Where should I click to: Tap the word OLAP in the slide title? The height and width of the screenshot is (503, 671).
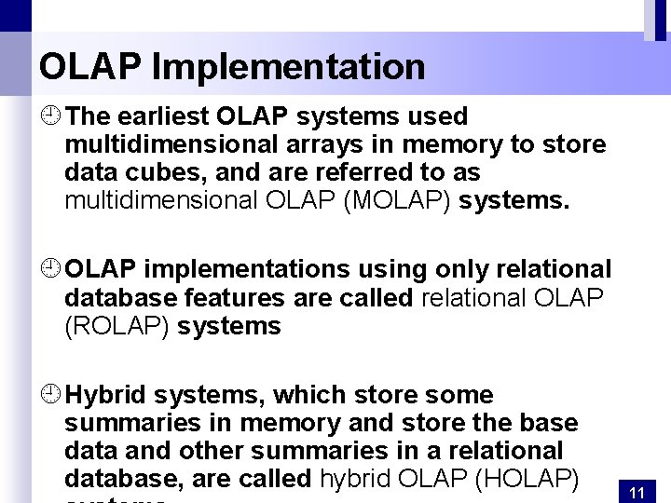pos(89,67)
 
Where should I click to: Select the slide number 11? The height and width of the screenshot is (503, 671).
pos(638,492)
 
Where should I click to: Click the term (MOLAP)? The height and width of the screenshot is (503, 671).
pos(398,200)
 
